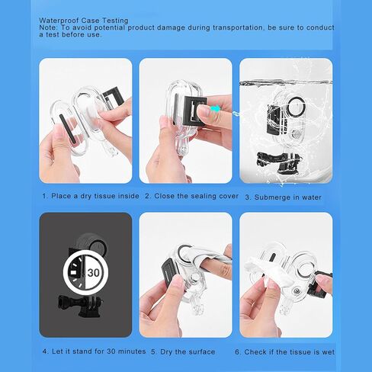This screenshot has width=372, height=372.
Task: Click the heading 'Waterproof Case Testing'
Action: (84, 21)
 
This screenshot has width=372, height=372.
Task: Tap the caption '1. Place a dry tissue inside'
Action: (91, 196)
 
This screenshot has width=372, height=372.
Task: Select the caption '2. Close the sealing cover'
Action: (192, 196)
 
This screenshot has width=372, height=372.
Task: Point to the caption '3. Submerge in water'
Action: (284, 197)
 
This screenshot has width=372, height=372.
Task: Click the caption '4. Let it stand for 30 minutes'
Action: (94, 351)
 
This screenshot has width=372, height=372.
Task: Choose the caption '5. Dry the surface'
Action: (183, 352)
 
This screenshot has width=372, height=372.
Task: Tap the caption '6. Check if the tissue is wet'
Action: (284, 352)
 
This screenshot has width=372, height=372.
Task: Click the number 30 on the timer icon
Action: (94, 273)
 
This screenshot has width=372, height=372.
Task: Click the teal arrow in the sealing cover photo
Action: (216, 109)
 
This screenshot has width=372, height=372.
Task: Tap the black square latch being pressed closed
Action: (194, 111)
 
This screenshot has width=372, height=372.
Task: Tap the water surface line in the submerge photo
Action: (286, 83)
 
